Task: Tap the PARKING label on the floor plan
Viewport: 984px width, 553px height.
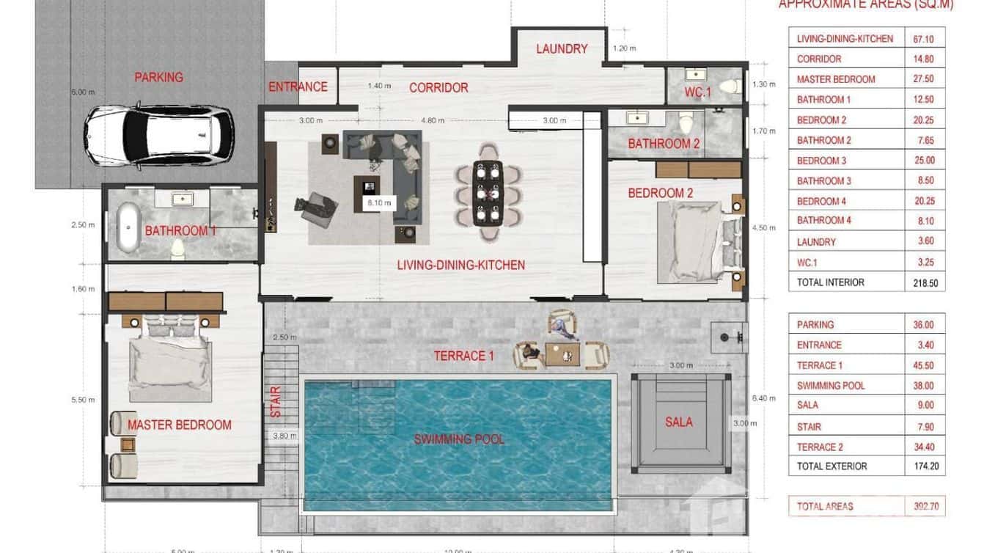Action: (x=158, y=77)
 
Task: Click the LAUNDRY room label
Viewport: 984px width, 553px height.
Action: (x=562, y=49)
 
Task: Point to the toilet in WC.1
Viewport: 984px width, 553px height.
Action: (x=728, y=87)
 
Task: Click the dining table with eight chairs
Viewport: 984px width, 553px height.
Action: (x=488, y=192)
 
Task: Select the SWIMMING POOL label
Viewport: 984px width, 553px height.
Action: (x=459, y=439)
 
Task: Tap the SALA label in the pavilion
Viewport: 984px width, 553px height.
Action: (x=679, y=422)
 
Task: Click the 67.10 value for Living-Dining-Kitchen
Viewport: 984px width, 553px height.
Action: (x=924, y=39)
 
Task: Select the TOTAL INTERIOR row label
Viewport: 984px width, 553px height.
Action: (x=831, y=282)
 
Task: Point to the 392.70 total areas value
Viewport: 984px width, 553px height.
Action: (x=924, y=506)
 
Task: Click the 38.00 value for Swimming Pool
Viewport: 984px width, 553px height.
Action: (x=924, y=386)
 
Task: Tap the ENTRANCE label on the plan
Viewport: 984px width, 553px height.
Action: (x=298, y=87)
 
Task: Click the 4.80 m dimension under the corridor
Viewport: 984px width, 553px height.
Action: (x=433, y=120)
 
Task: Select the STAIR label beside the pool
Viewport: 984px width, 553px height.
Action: (x=276, y=402)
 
